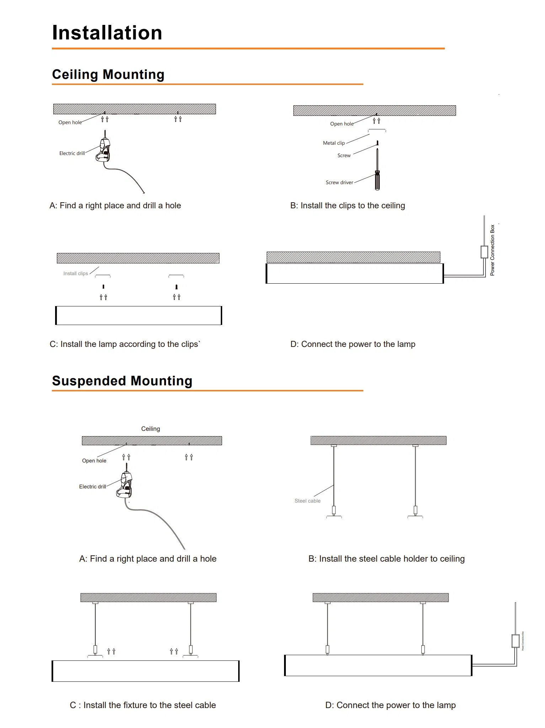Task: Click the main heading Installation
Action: click(107, 33)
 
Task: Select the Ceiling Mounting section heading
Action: click(108, 74)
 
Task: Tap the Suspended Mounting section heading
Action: click(122, 381)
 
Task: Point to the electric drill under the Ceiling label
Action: click(125, 485)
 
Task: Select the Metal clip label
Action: click(333, 143)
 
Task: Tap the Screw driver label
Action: click(339, 182)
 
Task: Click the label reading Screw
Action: click(344, 155)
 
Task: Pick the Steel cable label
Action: click(307, 501)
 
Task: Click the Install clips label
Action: click(75, 273)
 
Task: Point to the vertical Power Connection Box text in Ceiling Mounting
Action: click(492, 250)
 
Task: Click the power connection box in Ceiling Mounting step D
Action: click(484, 252)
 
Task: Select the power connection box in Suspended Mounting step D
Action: click(515, 641)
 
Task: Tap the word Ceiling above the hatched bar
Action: click(150, 429)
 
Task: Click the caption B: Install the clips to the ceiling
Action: click(347, 205)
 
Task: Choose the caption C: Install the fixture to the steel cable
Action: click(143, 705)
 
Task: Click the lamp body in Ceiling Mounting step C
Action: click(139, 315)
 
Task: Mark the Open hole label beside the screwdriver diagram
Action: click(341, 124)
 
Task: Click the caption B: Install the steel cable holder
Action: click(386, 558)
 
